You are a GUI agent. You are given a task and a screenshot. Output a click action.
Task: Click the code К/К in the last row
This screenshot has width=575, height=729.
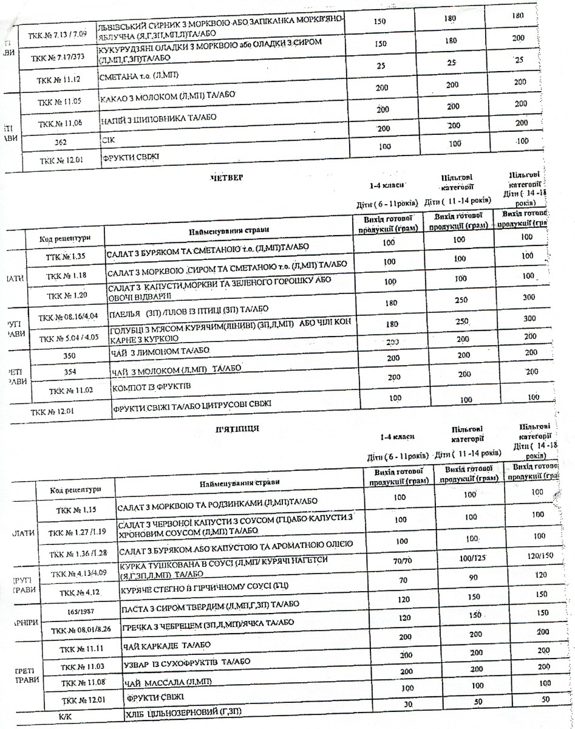66,716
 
